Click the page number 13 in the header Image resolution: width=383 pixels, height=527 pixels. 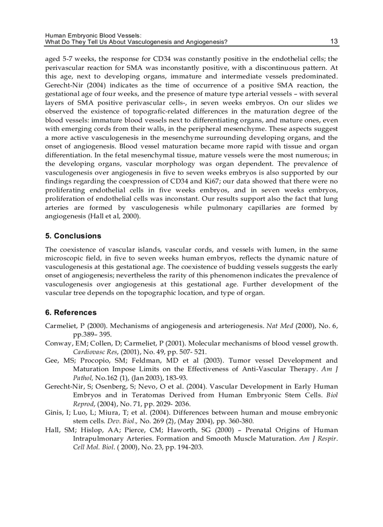(334, 41)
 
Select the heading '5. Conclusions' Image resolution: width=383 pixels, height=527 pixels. (73, 236)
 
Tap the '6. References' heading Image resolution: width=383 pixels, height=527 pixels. (71, 313)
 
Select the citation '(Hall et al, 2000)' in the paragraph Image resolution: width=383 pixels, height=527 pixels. (113, 216)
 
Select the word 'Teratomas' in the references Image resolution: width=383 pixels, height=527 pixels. (132, 395)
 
